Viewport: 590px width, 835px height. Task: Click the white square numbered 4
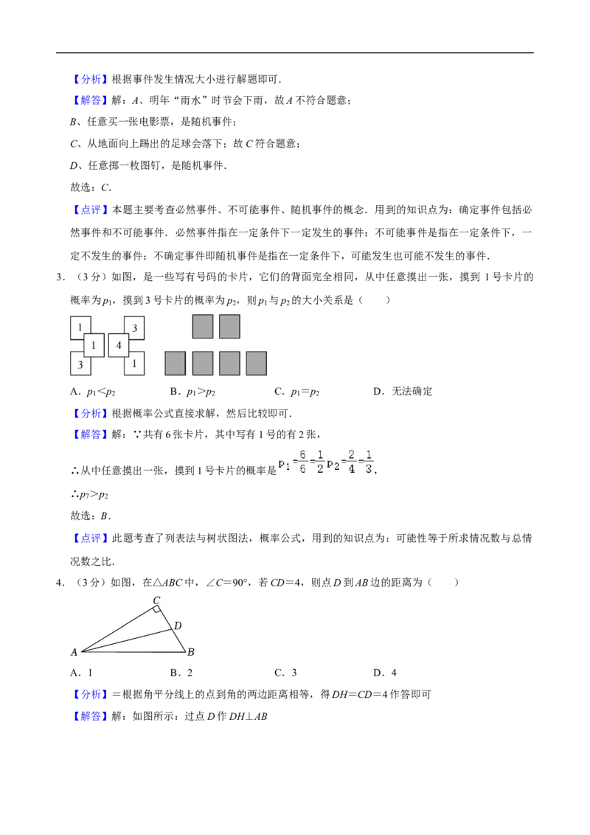coord(119,345)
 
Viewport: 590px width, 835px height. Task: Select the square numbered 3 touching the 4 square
coord(134,328)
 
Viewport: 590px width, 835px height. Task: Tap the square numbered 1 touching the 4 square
coord(134,363)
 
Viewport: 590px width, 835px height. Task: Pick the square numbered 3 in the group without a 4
coord(80,364)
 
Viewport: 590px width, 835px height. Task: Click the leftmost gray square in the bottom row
coord(175,363)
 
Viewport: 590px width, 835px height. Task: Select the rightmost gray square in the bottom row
coord(256,363)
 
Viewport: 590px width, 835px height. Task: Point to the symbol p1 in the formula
coord(285,463)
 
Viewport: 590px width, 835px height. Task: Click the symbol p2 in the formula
coord(333,463)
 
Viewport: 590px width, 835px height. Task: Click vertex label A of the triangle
coord(74,652)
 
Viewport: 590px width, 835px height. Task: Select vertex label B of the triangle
coord(190,652)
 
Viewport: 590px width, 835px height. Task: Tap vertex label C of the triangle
coord(156,600)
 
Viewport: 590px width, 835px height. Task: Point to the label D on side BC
coord(177,626)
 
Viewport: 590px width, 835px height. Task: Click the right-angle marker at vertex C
coord(157,610)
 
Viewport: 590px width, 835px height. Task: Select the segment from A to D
coord(125,641)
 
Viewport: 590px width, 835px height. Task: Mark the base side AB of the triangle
coord(133,652)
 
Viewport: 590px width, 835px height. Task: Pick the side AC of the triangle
coord(118,629)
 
